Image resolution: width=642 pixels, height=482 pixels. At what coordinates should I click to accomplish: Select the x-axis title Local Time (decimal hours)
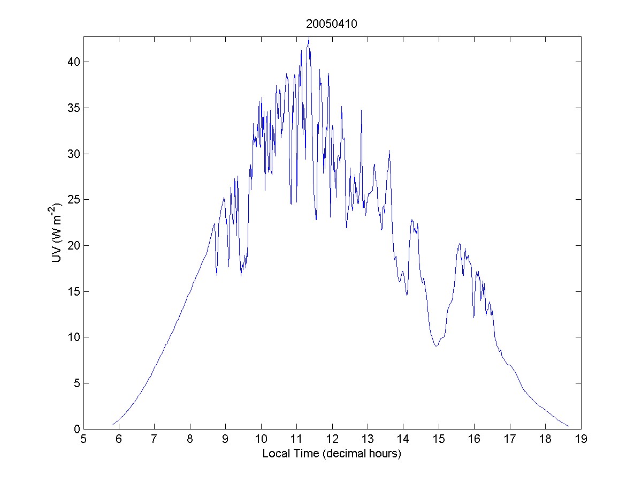(332, 454)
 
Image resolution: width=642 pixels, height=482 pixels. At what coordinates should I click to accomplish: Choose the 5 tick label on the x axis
(83, 440)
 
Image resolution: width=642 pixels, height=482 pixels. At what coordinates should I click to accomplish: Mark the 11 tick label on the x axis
(296, 440)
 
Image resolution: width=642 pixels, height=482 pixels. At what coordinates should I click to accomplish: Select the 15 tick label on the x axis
(439, 440)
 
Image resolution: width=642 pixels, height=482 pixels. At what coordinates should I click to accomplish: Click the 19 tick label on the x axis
(581, 440)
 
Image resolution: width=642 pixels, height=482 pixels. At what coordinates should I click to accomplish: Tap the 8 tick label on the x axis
(190, 440)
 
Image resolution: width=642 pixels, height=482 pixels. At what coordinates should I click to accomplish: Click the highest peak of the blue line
(309, 38)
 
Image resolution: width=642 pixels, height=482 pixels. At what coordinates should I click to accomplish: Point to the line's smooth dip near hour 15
(436, 346)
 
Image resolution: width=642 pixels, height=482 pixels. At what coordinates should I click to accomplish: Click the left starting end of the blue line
(112, 425)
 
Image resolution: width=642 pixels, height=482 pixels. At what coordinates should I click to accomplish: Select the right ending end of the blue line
(569, 427)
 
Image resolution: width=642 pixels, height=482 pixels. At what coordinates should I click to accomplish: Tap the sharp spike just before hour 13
(361, 110)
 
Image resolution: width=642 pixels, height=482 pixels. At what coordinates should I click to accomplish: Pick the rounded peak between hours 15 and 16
(460, 244)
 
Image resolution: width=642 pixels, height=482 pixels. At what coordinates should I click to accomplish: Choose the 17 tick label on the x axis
(510, 440)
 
